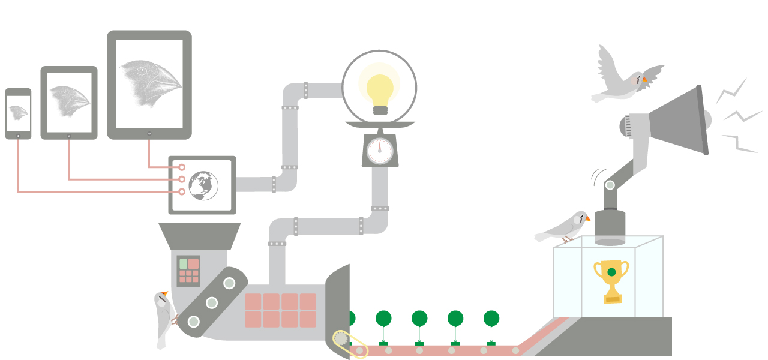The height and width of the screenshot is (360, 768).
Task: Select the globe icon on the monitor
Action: click(203, 185)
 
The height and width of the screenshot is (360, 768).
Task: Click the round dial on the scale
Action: click(379, 151)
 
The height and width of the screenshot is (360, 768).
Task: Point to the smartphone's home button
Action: click(18, 136)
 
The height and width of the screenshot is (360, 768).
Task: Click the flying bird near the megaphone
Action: click(624, 78)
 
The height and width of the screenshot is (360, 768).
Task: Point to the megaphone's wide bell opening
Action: click(701, 120)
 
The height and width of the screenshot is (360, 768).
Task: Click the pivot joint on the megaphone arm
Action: click(610, 185)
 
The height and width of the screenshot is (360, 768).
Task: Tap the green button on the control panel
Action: click(183, 264)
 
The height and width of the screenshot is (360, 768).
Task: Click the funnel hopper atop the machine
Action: click(199, 236)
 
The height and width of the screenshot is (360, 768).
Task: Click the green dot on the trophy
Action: click(611, 272)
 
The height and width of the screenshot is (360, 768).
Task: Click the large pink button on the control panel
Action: click(193, 264)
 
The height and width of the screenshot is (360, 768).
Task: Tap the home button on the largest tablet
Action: click(149, 133)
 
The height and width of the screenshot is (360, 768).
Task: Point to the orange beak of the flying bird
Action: click(645, 79)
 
